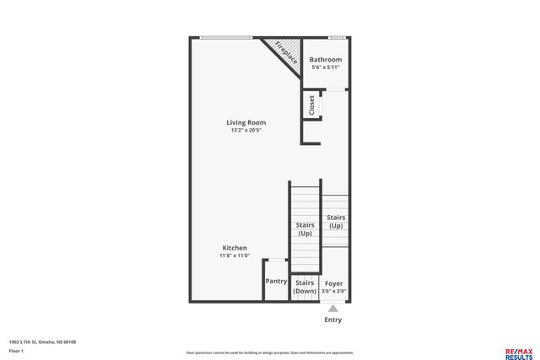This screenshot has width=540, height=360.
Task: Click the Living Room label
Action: coord(246,122)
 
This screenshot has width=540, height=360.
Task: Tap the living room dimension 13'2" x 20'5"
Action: coord(246,131)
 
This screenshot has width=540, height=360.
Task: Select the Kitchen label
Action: coord(235,248)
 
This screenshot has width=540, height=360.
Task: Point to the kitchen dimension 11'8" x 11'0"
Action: coord(235,255)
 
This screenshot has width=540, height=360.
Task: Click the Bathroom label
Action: coord(325,60)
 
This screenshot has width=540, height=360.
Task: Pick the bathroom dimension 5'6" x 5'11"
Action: coord(325,67)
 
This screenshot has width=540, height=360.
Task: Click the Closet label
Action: coord(311,105)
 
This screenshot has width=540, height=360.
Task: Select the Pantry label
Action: coord(276,282)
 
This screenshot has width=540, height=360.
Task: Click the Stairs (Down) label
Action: coord(305,287)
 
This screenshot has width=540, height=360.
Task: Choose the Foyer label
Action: coord(333,283)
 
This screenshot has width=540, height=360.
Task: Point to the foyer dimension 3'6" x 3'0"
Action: coord(333,291)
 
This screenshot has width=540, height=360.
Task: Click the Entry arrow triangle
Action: coord(333,309)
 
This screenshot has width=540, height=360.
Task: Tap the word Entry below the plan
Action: coord(333,320)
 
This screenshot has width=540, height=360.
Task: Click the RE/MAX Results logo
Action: coord(518,353)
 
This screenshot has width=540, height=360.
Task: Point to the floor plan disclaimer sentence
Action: coord(270,352)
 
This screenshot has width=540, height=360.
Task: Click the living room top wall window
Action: coord(226,37)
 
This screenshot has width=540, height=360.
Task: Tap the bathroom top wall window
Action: coord(337,37)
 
